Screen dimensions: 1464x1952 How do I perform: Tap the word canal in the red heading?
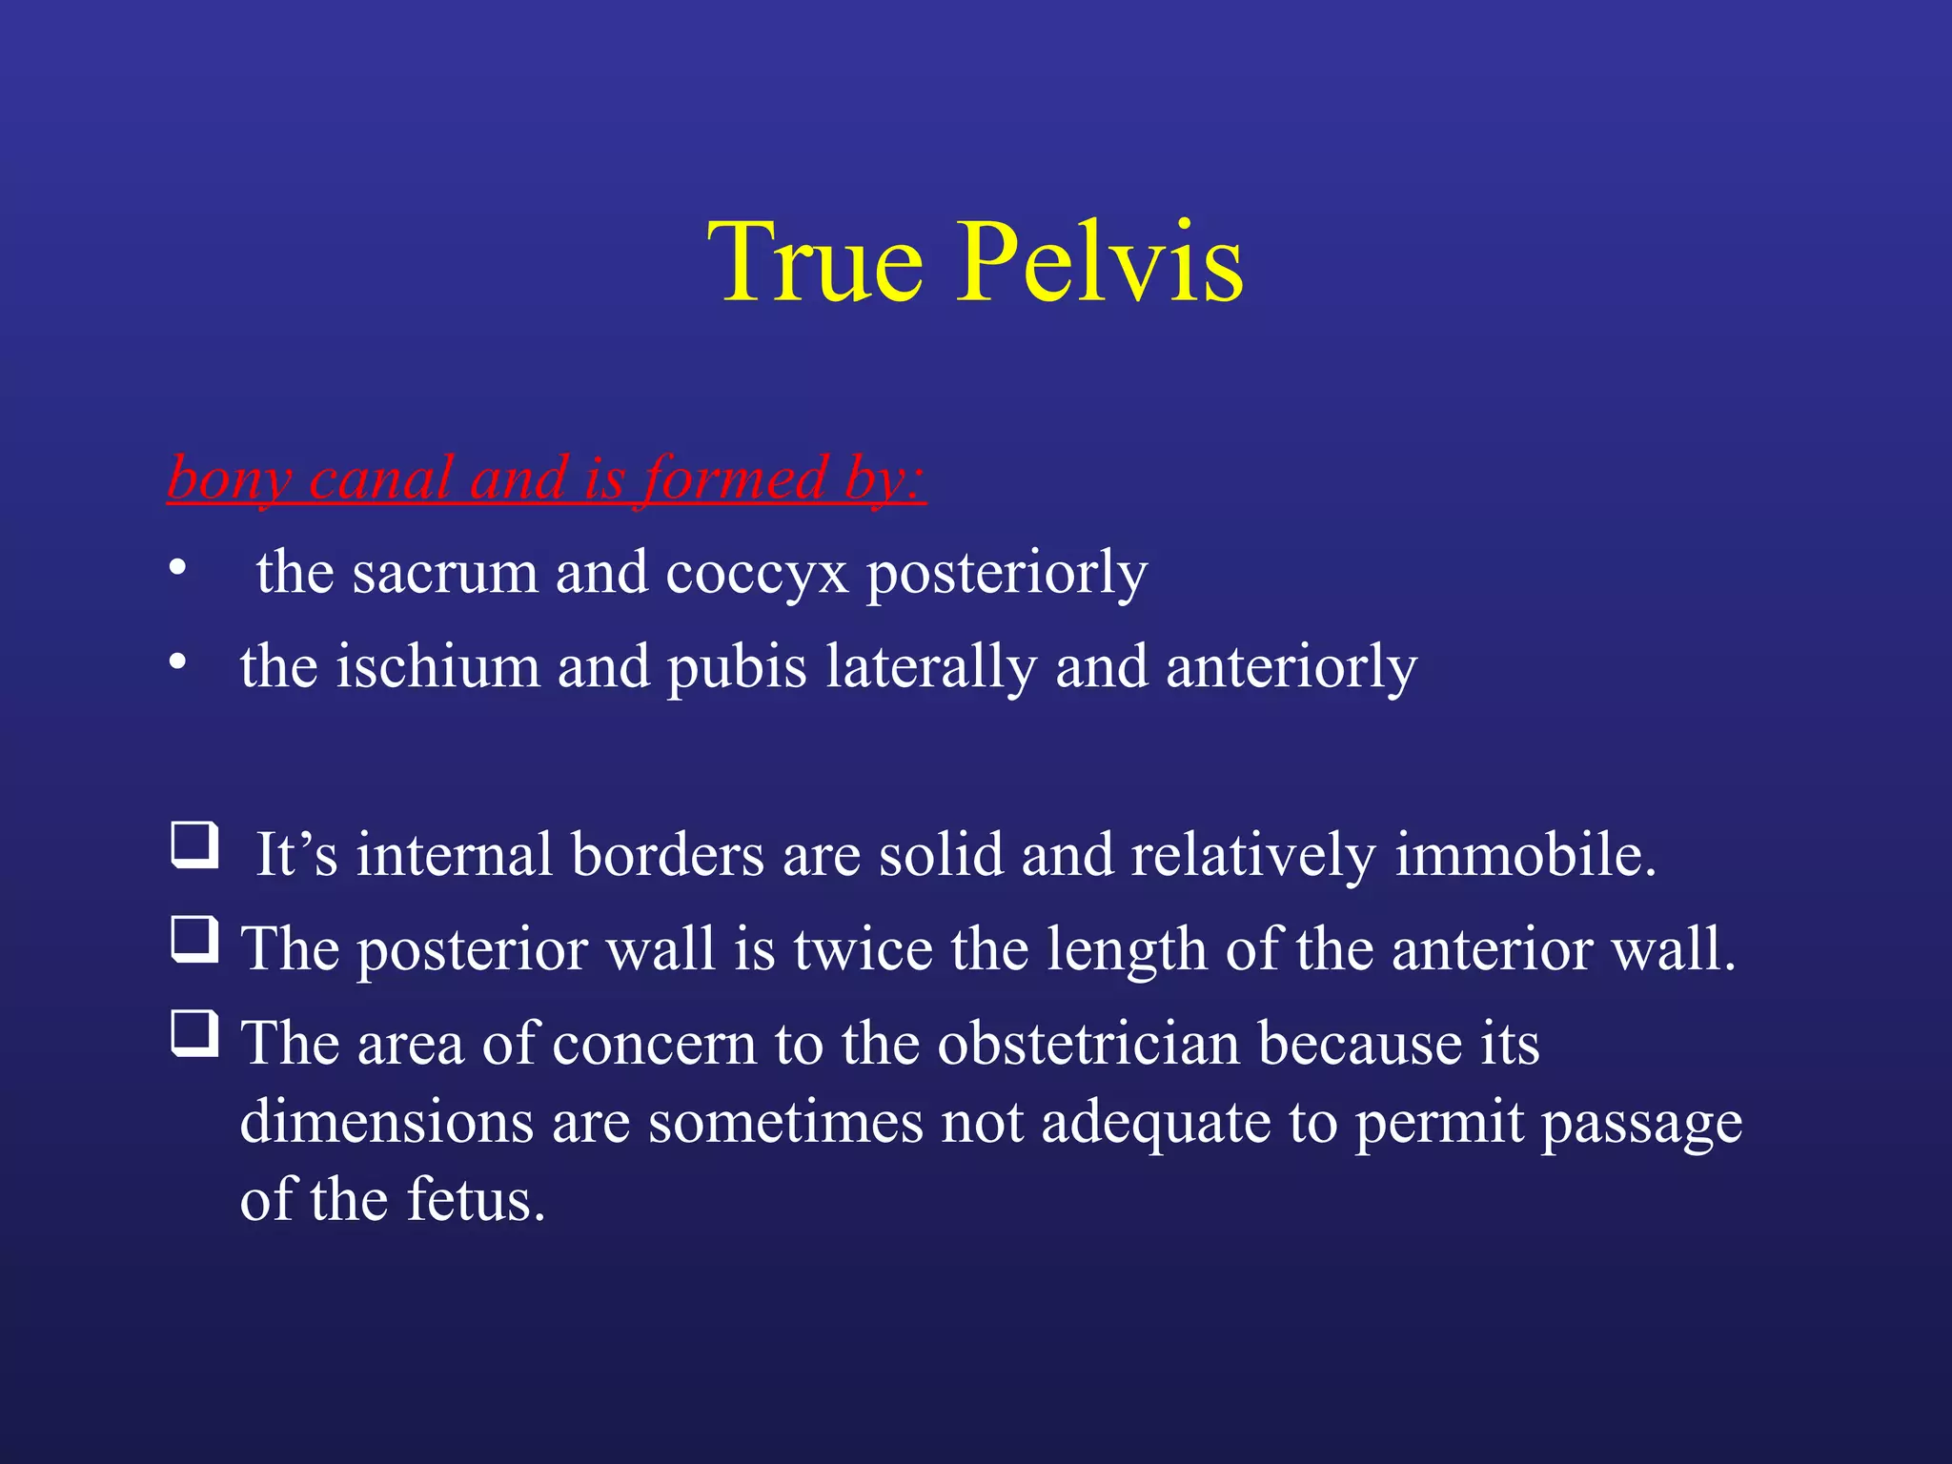pos(380,478)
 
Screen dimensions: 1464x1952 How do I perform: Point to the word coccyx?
pos(756,573)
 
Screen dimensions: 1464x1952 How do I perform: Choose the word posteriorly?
pos(1006,573)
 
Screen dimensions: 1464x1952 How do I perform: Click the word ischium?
pos(437,666)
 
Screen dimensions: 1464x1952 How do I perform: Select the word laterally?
pos(931,666)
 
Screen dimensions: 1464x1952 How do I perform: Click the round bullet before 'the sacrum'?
pos(177,568)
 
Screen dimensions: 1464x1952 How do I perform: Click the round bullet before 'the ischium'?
pos(177,661)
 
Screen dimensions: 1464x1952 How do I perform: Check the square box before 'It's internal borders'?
pos(194,845)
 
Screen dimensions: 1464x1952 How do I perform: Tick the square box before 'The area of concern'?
pos(194,1034)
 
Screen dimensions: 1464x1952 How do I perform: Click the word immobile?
pos(1525,854)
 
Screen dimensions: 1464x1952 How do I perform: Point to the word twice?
pos(863,949)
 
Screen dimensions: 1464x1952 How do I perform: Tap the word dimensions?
pos(386,1122)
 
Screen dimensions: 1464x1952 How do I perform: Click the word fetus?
pos(476,1199)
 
